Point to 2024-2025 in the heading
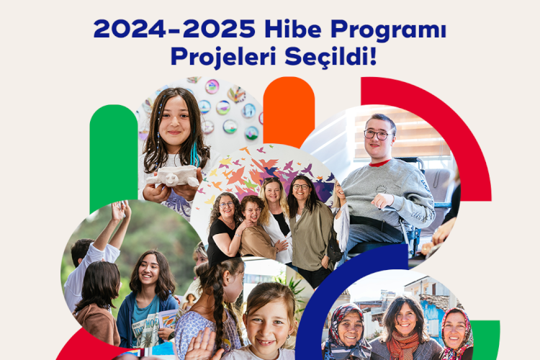174,29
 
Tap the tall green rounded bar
114,158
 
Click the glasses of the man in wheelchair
377,135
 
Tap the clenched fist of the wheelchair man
382,201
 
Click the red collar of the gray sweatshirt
379,163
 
